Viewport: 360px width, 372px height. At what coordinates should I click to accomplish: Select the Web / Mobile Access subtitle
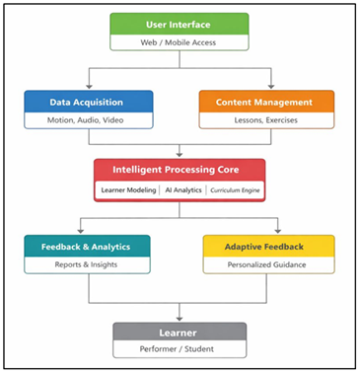[x=179, y=42]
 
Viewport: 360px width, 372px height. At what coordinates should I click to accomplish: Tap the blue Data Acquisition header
[x=90, y=101]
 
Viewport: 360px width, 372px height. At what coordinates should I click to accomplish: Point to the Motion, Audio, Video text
[x=90, y=119]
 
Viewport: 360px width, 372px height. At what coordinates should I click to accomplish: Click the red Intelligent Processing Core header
[x=180, y=169]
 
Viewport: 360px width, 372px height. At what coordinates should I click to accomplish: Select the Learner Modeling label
[x=127, y=188]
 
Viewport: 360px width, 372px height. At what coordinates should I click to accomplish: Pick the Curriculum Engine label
[x=233, y=188]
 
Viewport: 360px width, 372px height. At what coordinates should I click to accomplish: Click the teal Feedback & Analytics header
[x=88, y=245]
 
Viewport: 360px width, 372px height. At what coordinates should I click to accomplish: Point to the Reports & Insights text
[x=88, y=263]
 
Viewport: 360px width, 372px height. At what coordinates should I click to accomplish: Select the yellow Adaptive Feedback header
[x=268, y=245]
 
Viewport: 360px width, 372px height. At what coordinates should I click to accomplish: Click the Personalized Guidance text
[x=268, y=263]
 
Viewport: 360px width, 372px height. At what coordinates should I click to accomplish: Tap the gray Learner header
[x=179, y=333]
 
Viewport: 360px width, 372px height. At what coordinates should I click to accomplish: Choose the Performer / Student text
[x=179, y=350]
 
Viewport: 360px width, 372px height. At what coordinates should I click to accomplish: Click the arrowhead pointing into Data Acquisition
[x=90, y=87]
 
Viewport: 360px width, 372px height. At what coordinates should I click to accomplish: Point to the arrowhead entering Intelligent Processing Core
[x=180, y=155]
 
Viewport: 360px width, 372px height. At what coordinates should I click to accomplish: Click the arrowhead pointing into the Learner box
[x=179, y=318]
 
